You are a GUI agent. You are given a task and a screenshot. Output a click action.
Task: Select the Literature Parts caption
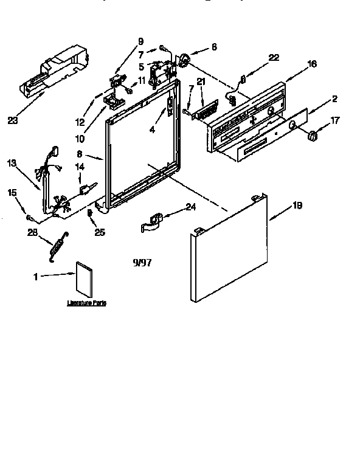coord(86,303)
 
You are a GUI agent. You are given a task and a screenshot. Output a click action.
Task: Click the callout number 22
coord(273,57)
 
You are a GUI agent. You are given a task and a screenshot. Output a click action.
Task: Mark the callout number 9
coord(140,41)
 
